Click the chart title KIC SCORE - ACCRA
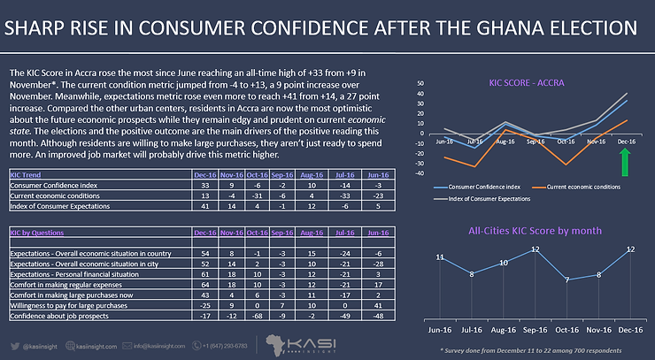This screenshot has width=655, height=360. (528, 83)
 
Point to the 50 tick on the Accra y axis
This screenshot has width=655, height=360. (421, 86)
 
